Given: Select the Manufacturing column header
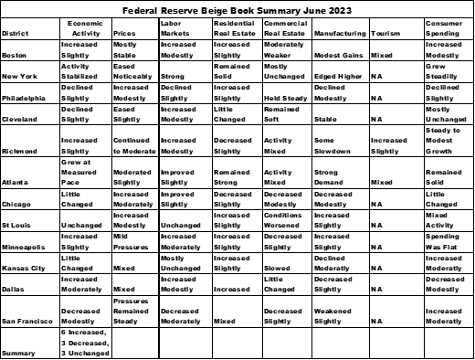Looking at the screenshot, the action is [339, 34].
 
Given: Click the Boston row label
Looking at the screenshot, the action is [15, 56].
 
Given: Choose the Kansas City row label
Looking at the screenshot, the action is [25, 270].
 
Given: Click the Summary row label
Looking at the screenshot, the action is [19, 353].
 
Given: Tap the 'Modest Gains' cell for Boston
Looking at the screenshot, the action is [339, 56].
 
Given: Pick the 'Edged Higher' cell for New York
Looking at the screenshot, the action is [339, 77].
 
